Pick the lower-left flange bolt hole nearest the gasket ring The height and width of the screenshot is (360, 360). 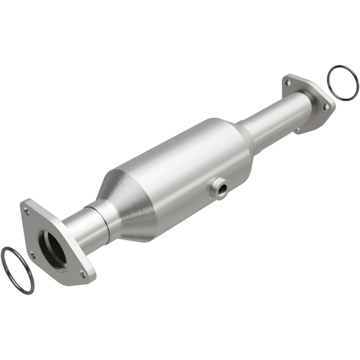(32, 255)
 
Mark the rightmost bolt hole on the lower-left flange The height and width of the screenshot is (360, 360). (82, 274)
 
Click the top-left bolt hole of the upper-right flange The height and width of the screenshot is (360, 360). (288, 82)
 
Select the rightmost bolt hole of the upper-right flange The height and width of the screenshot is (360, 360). (326, 106)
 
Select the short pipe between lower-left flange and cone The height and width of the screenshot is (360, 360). (90, 226)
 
